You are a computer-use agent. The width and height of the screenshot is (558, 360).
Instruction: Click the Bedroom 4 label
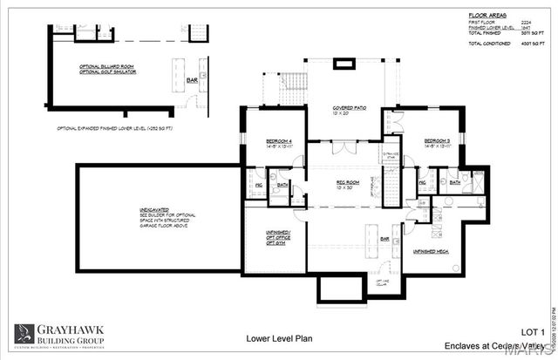(267, 140)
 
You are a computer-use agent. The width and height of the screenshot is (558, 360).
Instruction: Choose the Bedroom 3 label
(437, 141)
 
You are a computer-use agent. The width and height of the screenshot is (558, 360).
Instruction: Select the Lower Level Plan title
(277, 337)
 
